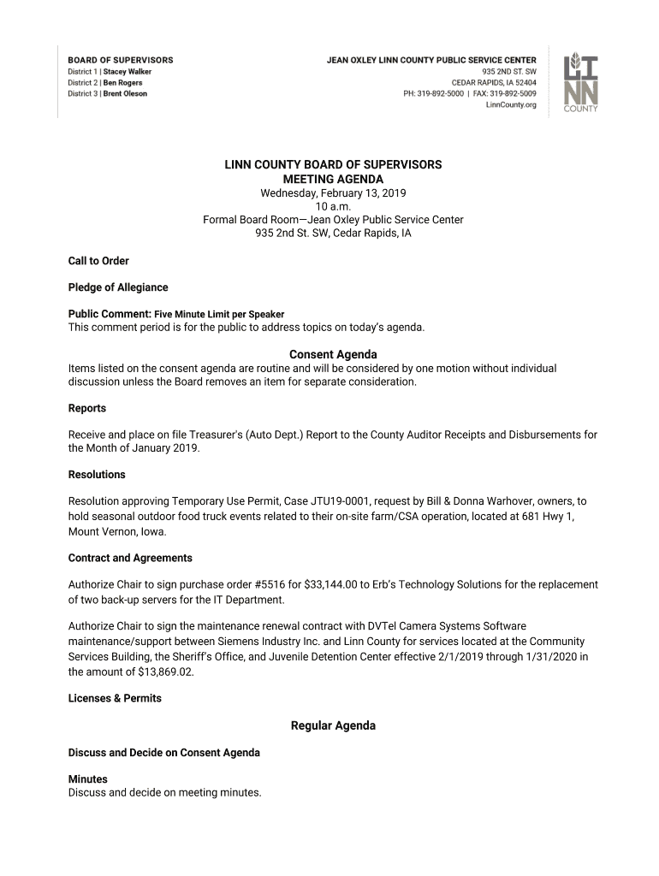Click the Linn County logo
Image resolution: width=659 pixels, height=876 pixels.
[580, 83]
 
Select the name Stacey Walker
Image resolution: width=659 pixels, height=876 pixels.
[127, 72]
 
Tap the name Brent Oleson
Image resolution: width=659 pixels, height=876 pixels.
[125, 94]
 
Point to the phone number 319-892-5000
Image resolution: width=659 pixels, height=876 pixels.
[442, 94]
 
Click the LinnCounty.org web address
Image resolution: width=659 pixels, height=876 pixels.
[511, 105]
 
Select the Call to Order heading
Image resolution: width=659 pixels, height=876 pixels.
[98, 261]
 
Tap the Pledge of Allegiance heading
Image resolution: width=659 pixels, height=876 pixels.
[118, 287]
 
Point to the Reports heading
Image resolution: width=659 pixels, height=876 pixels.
[87, 408]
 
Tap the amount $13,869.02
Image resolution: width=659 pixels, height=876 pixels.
[168, 672]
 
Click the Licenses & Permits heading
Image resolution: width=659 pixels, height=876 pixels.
[115, 698]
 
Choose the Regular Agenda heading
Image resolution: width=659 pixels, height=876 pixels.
[333, 725]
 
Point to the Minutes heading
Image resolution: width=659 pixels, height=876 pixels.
[88, 779]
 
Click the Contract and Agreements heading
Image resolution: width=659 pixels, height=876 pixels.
[130, 558]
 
